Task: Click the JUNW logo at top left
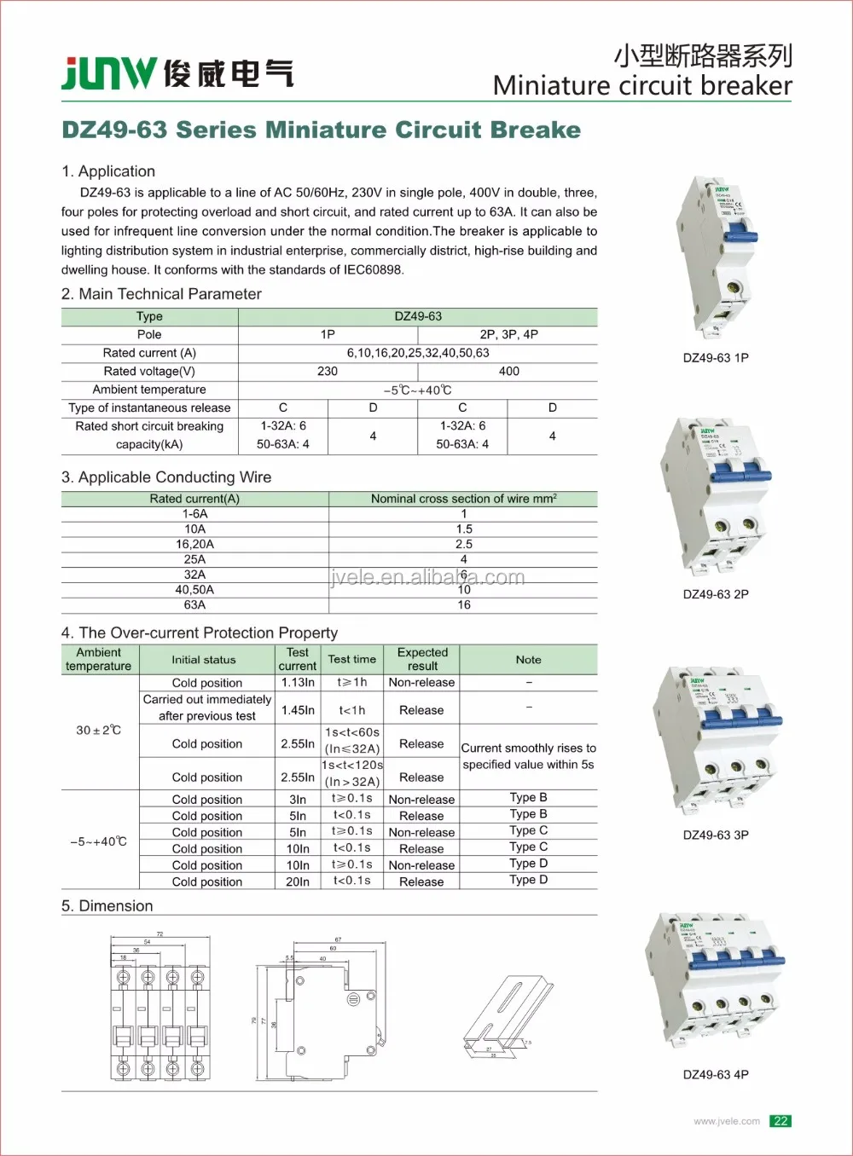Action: pyautogui.click(x=109, y=73)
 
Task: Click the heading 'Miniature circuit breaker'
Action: pyautogui.click(x=641, y=86)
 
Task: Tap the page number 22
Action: pyautogui.click(x=780, y=1121)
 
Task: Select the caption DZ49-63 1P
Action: pyautogui.click(x=716, y=358)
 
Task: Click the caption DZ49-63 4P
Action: pyautogui.click(x=716, y=1075)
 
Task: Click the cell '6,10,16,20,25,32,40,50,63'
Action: pyautogui.click(x=418, y=353)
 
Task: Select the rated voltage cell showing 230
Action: pyautogui.click(x=328, y=372)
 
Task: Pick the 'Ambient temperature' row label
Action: pyautogui.click(x=149, y=390)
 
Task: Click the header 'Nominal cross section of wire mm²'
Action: pyautogui.click(x=463, y=499)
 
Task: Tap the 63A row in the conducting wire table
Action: pyautogui.click(x=194, y=605)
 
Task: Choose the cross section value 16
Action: pyautogui.click(x=463, y=605)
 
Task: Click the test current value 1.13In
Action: pyautogui.click(x=298, y=683)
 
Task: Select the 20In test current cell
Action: pyautogui.click(x=298, y=882)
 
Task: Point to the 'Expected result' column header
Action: pyautogui.click(x=422, y=659)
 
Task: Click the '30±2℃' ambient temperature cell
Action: pyautogui.click(x=99, y=731)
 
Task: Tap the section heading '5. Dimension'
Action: pyautogui.click(x=107, y=906)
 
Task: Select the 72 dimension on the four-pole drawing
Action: pyautogui.click(x=160, y=934)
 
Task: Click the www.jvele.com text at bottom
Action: pyautogui.click(x=726, y=1121)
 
